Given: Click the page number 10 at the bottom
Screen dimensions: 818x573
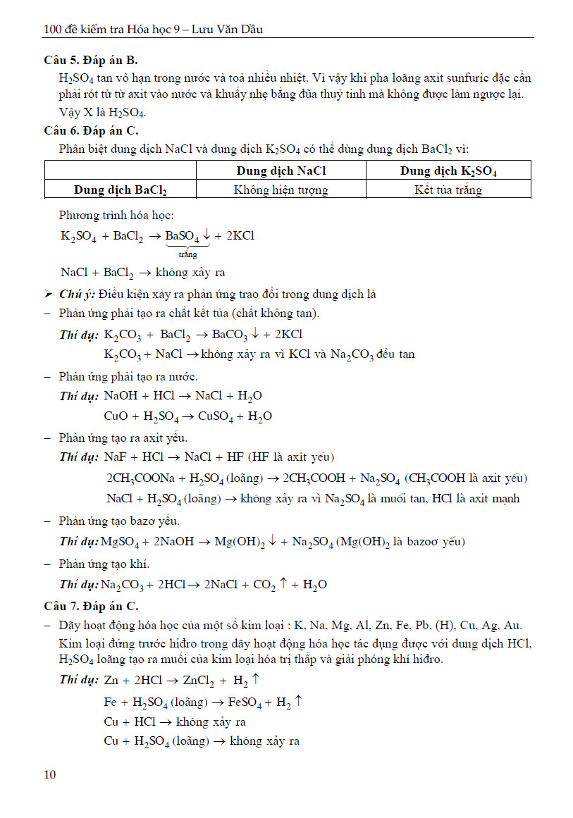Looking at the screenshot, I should tap(49, 775).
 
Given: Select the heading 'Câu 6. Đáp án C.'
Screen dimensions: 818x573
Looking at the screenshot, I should tap(91, 130).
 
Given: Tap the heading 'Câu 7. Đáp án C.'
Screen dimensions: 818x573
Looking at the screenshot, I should tap(91, 606).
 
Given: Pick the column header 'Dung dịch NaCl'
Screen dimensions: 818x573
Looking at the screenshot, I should tap(281, 171).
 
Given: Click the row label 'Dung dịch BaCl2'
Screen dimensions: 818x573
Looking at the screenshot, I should tap(120, 190).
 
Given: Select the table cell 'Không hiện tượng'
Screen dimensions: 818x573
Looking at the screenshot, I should tap(281, 190).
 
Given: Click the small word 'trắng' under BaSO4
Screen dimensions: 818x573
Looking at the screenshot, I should tap(187, 254).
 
